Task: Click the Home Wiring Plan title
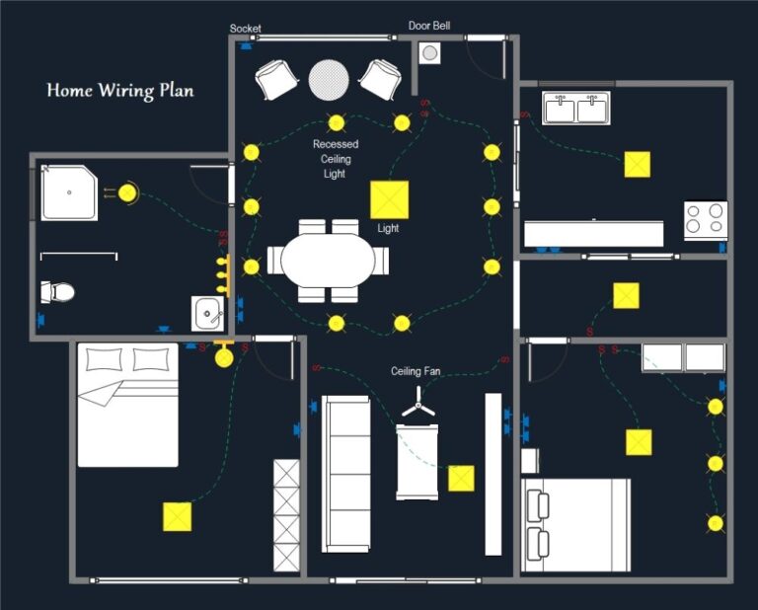point(120,91)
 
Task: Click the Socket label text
point(246,29)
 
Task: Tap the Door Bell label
point(429,26)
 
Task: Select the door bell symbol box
point(429,53)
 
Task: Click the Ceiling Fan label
point(416,372)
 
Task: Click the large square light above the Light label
point(389,199)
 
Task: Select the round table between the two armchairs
point(329,80)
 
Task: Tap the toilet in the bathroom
point(58,292)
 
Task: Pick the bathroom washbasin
point(208,314)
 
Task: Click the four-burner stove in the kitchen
point(706,220)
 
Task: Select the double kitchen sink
point(576,108)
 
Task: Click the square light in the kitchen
point(638,164)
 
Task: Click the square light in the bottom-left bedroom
point(177,516)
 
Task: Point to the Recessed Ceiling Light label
point(336,159)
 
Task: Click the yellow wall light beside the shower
point(128,192)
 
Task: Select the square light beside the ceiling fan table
point(461,479)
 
